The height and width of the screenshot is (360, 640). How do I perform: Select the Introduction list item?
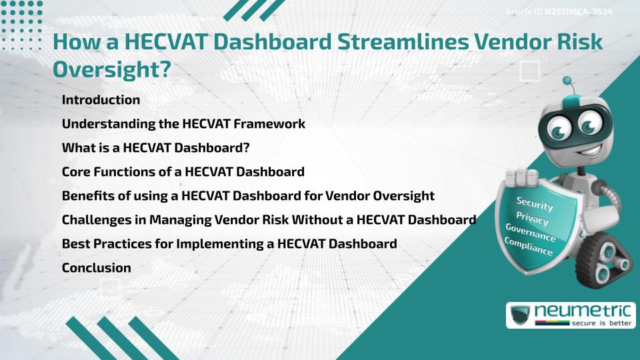[101, 100]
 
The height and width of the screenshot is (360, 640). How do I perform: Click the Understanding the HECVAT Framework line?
[183, 124]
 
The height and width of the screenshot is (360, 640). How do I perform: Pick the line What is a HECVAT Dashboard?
[160, 148]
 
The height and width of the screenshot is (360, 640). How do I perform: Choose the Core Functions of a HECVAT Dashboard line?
[183, 172]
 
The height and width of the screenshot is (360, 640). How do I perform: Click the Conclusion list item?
[96, 268]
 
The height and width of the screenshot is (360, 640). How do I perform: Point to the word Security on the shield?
[535, 204]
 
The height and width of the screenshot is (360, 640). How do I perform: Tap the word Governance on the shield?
[531, 233]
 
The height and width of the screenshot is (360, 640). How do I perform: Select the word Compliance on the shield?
[529, 247]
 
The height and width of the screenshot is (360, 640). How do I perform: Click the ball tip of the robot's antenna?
[567, 81]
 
